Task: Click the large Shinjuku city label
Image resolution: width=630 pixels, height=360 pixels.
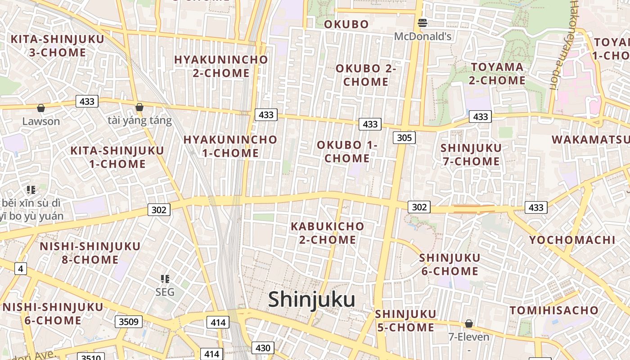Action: pyautogui.click(x=311, y=300)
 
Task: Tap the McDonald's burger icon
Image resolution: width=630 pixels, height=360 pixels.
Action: pyautogui.click(x=423, y=22)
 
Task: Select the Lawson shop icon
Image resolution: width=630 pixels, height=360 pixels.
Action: pyautogui.click(x=41, y=108)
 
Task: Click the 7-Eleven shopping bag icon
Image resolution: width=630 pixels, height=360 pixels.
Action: pyautogui.click(x=469, y=324)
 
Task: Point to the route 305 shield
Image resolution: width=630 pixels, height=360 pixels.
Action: pyautogui.click(x=404, y=138)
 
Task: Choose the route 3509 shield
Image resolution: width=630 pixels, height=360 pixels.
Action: pyautogui.click(x=129, y=321)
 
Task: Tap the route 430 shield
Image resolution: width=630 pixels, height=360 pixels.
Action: pyautogui.click(x=263, y=348)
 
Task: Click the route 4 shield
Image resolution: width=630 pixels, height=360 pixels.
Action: pyautogui.click(x=20, y=269)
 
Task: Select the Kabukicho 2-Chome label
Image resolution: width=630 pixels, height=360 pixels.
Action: pyautogui.click(x=328, y=233)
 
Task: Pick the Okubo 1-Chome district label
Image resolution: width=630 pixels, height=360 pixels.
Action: pyautogui.click(x=347, y=152)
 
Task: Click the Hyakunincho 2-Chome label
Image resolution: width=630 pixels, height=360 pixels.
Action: pyautogui.click(x=221, y=66)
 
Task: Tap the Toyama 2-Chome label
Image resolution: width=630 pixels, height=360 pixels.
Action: pyautogui.click(x=497, y=74)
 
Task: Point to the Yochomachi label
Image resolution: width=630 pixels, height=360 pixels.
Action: pyautogui.click(x=572, y=240)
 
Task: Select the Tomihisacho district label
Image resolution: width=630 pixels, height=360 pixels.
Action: pyautogui.click(x=554, y=310)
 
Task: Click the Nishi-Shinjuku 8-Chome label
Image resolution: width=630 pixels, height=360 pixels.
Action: pyautogui.click(x=90, y=253)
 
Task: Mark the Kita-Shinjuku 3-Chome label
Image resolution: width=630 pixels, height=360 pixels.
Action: pyautogui.click(x=57, y=45)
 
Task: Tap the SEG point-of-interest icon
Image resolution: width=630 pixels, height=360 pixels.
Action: pyautogui.click(x=165, y=279)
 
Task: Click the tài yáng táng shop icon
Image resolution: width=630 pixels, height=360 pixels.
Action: pyautogui.click(x=139, y=107)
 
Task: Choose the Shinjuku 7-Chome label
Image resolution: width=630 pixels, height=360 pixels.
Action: pyautogui.click(x=471, y=154)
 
